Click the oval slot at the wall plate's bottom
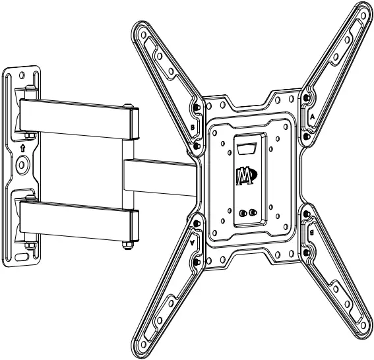click(23, 255)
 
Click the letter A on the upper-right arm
click(312, 114)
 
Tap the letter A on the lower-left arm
click(193, 243)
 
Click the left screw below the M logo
click(243, 213)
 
